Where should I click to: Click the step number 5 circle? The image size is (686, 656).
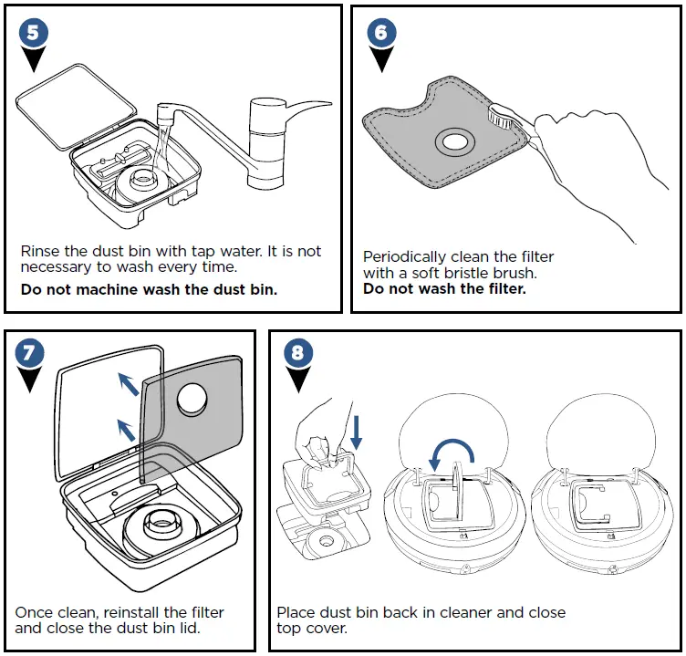pos(34,34)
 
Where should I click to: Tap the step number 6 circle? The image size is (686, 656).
pos(382,34)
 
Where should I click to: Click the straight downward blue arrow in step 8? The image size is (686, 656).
pos(356,431)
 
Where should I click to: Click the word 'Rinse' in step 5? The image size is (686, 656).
pos(40,251)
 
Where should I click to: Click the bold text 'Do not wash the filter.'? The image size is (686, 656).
pos(444,289)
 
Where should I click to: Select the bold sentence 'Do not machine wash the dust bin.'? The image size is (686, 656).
pos(149,289)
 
